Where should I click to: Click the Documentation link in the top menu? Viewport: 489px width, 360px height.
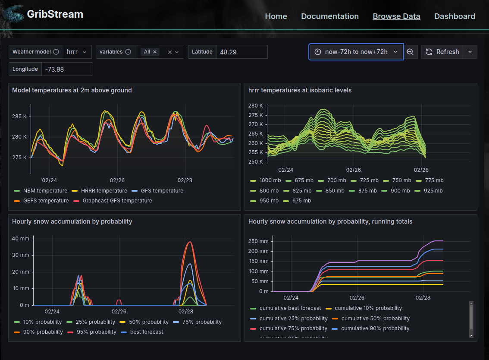[x=330, y=16]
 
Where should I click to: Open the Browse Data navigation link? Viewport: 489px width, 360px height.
[x=396, y=16]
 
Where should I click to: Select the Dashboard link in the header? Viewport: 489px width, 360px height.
[x=455, y=16]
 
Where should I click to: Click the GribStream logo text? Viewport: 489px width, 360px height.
[x=55, y=14]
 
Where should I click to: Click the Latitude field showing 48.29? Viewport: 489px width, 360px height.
[x=241, y=52]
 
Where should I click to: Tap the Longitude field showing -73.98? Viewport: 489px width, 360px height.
[x=67, y=69]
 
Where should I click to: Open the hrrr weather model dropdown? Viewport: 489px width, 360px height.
[x=77, y=52]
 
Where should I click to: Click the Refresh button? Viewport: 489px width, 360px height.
[x=442, y=52]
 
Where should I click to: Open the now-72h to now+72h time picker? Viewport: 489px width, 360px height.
[x=356, y=52]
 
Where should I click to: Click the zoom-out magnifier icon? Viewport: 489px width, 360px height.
[x=410, y=52]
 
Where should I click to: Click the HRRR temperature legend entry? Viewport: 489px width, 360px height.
[x=103, y=191]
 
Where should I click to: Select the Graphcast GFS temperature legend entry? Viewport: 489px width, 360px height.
[x=117, y=201]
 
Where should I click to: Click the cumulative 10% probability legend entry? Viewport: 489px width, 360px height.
[x=368, y=308]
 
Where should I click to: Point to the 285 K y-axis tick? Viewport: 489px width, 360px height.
[x=19, y=117]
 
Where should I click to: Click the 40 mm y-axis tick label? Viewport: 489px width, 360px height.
[x=20, y=239]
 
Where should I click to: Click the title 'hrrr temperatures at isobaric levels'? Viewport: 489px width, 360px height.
[x=300, y=90]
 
